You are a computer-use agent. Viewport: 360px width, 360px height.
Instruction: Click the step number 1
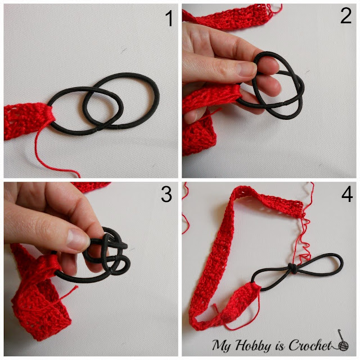coord(169,19)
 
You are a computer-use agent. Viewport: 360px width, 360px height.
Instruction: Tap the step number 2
coord(346,16)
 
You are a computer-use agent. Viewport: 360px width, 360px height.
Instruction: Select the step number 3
coord(166,194)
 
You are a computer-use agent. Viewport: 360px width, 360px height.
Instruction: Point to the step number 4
coord(347,194)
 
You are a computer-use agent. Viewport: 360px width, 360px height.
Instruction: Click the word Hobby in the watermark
coord(253,345)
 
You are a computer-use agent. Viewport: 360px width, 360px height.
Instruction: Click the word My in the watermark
coord(221,345)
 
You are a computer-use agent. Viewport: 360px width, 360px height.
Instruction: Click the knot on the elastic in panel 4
coord(291,268)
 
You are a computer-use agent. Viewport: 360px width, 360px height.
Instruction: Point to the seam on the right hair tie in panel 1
coord(119,126)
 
